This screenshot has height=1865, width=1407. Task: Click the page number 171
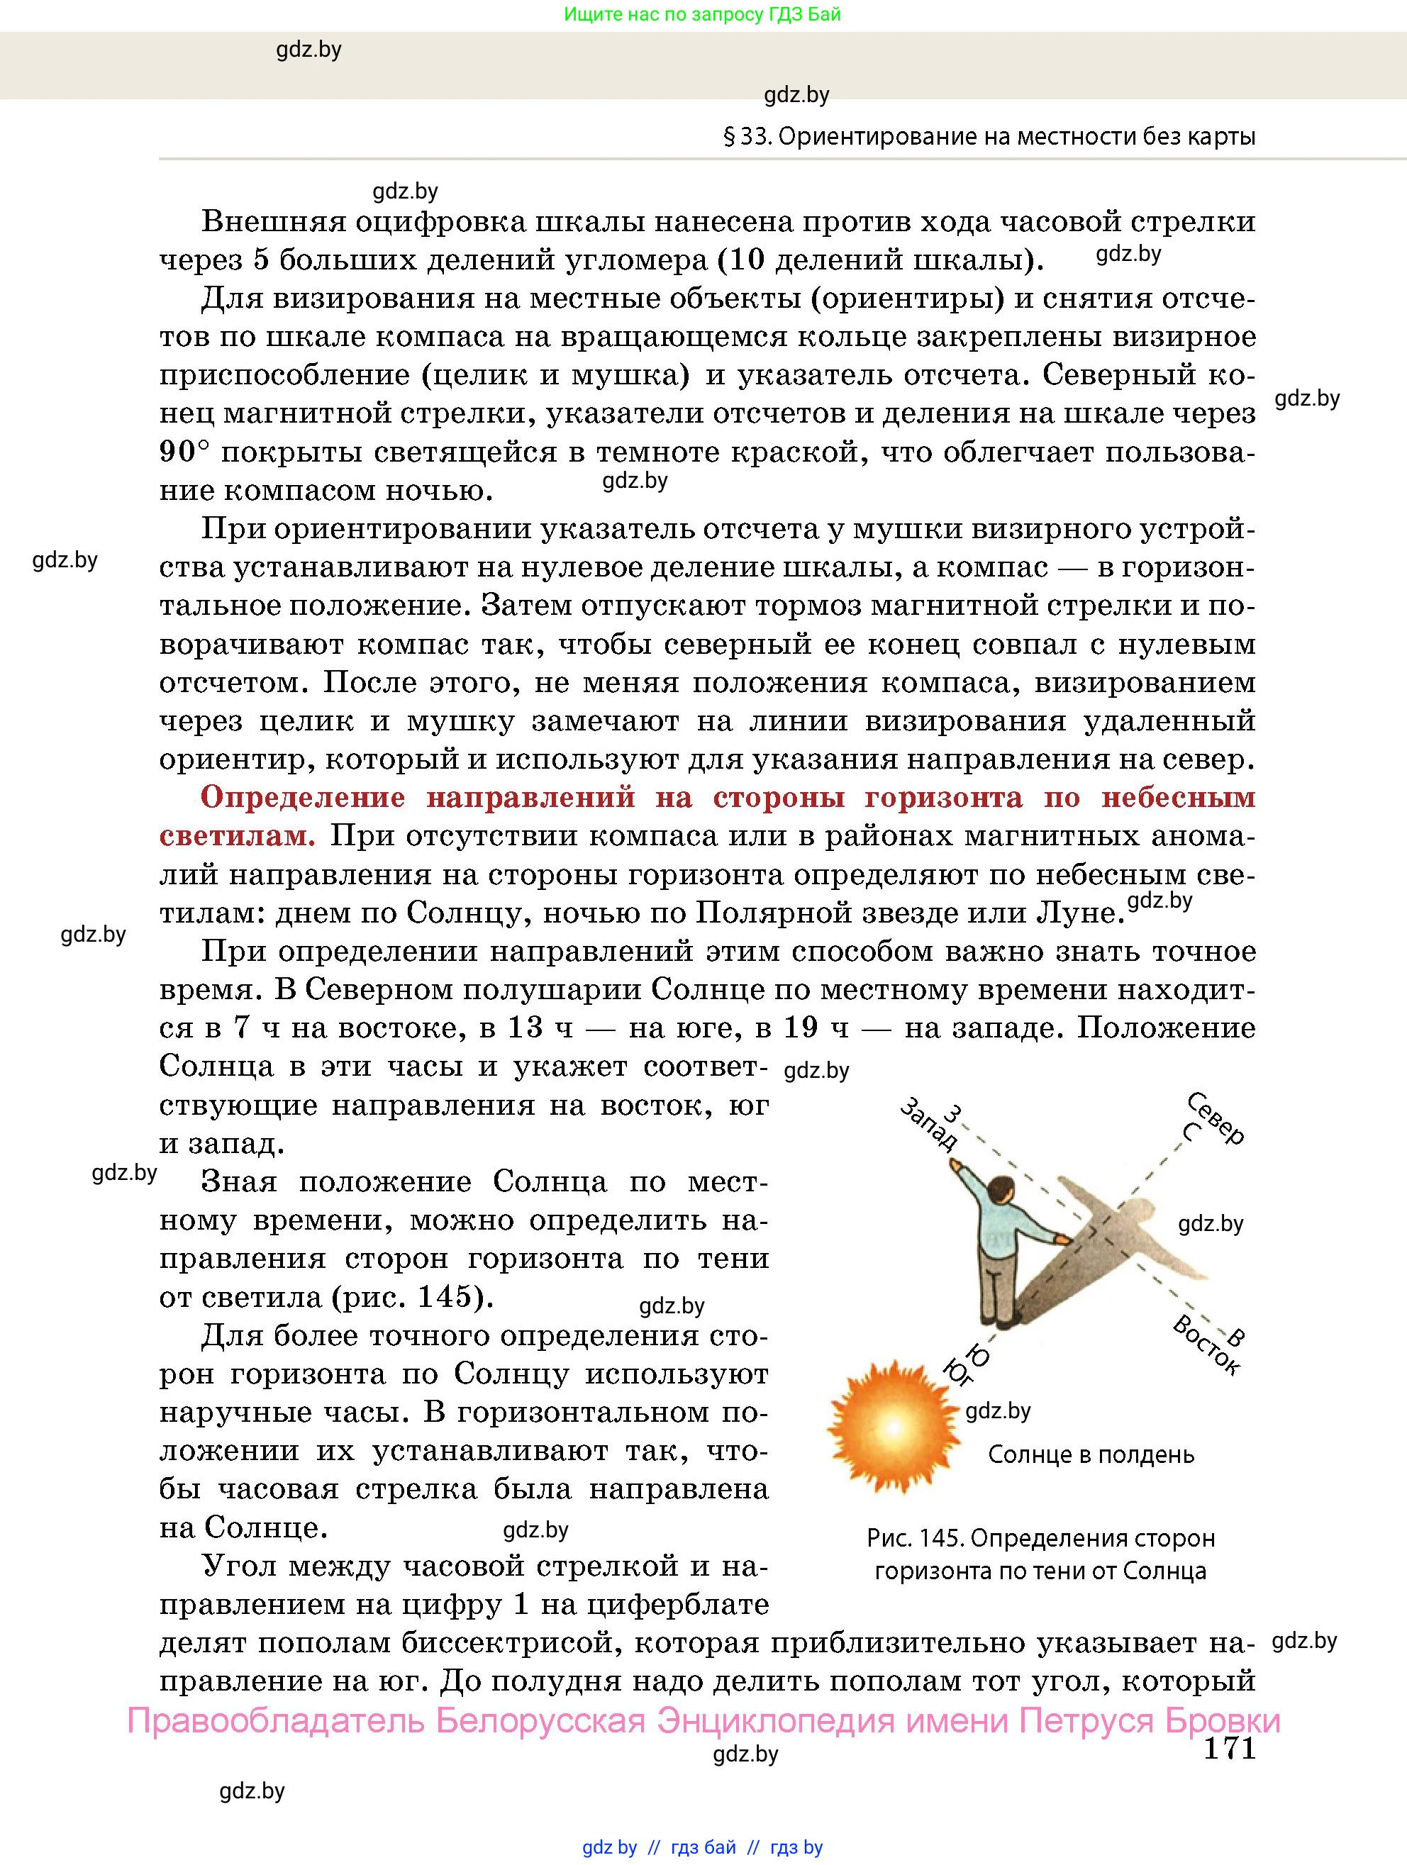[x=1229, y=1748]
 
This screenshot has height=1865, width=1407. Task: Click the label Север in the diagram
[x=1216, y=1118]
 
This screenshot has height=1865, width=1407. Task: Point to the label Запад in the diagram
[x=928, y=1126]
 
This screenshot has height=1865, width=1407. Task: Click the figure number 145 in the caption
[x=942, y=1539]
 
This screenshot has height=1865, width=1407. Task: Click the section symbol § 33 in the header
[x=747, y=137]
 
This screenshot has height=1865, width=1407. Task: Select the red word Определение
[x=304, y=798]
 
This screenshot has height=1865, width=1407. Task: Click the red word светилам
[x=237, y=835]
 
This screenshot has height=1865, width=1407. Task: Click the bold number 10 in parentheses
[x=745, y=260]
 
